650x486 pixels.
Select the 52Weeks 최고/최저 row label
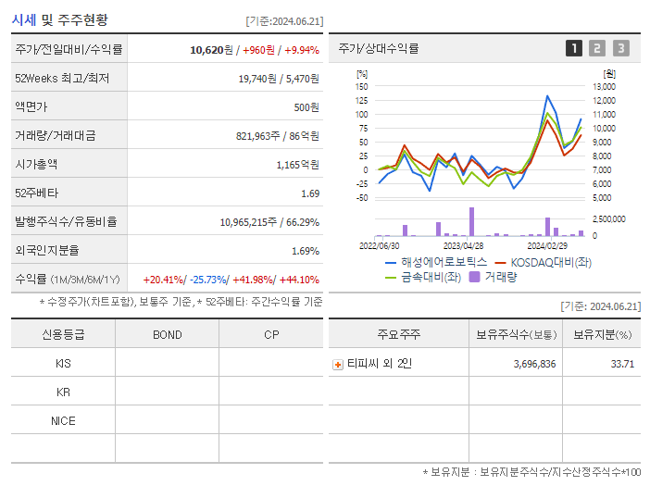pos(62,79)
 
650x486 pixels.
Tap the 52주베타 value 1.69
pos(310,193)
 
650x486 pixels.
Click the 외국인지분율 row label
pos(46,251)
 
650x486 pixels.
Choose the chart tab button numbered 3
pos(620,49)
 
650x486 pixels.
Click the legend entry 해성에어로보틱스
pos(436,263)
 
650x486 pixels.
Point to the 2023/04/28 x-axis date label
pos(463,246)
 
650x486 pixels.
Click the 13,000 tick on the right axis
pos(603,86)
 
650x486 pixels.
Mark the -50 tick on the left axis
pos(362,198)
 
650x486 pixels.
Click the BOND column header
pos(167,334)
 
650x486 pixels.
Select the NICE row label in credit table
pos(63,421)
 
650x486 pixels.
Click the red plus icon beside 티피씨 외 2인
pos(338,365)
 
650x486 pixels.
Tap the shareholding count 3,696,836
pos(534,365)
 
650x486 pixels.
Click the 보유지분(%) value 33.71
pos(622,365)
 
